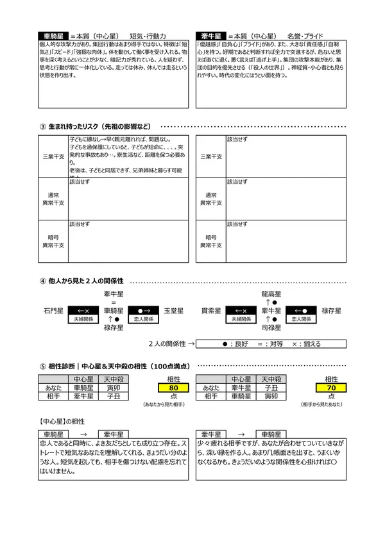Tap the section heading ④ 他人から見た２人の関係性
tap(81, 281)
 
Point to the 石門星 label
tap(53, 311)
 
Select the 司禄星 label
tap(271, 327)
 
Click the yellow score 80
tap(173, 388)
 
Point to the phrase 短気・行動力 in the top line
tap(148, 36)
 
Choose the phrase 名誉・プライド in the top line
tap(306, 36)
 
